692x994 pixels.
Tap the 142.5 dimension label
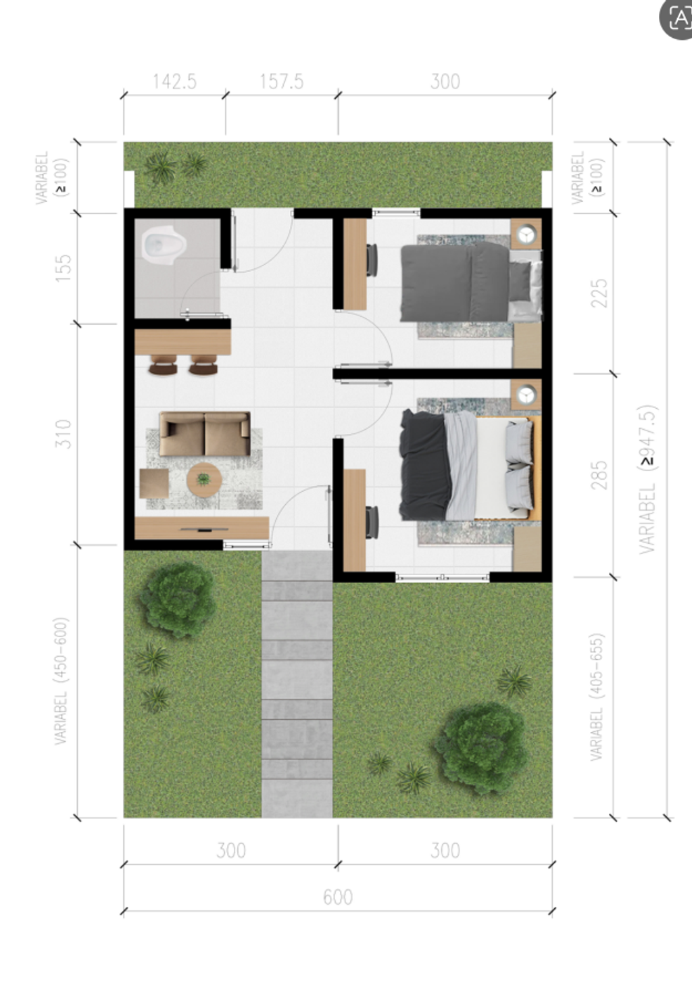point(174,82)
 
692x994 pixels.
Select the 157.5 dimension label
point(281,82)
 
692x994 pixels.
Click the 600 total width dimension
point(338,897)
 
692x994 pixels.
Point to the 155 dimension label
point(63,268)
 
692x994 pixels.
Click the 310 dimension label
point(63,434)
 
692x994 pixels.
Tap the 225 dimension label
point(599,293)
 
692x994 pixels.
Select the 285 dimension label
point(599,475)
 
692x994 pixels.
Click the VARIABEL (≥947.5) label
point(647,479)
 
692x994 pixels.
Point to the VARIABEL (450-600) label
point(61,681)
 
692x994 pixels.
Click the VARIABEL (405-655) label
point(597,697)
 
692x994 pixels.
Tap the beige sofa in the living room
point(205,434)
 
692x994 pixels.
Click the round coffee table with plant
point(203,480)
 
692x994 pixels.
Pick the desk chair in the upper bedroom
point(372,259)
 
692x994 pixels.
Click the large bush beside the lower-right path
point(480,747)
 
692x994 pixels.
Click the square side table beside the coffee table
point(154,483)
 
